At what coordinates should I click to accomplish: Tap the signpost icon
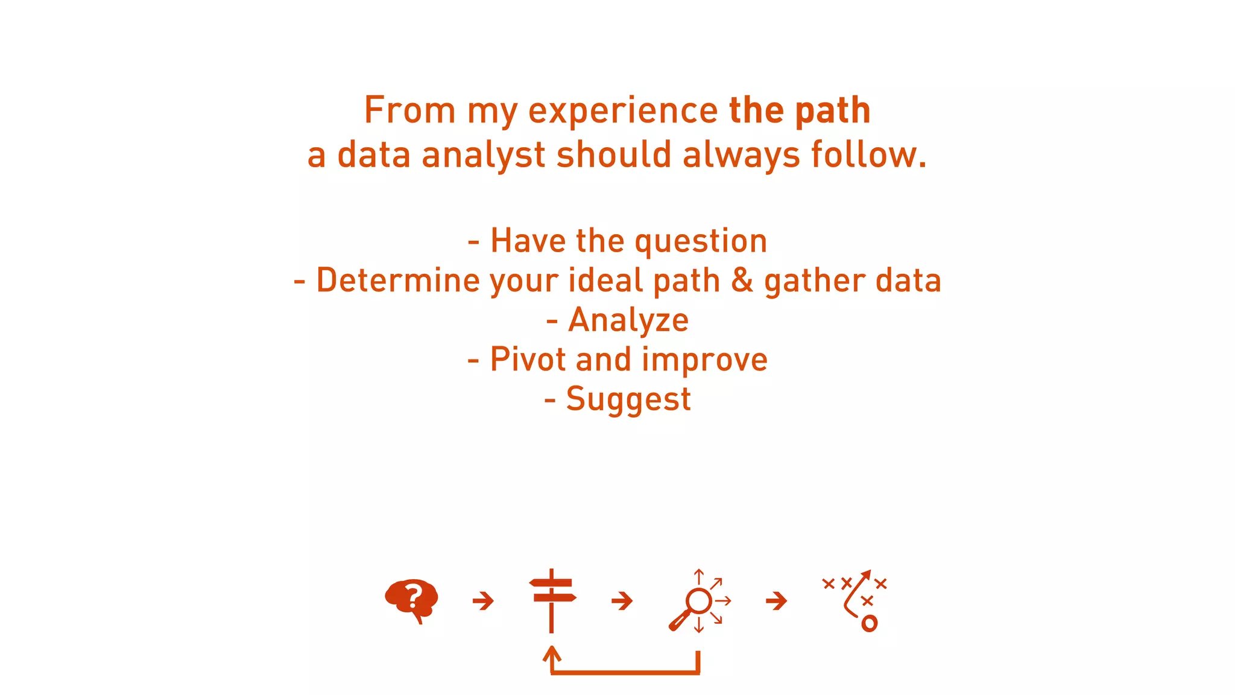552,600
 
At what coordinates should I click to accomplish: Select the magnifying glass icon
697,602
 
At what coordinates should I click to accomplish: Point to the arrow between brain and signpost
483,601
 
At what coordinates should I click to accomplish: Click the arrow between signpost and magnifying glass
622,601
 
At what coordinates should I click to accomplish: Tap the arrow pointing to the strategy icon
776,601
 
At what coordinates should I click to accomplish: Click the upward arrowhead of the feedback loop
552,654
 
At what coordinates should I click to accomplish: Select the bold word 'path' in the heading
833,110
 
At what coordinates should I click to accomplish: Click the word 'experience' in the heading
623,112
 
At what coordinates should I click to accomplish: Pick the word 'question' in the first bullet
701,241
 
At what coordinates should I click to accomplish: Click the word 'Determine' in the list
397,281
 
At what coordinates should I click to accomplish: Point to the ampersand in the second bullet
742,281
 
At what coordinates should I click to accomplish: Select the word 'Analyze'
628,320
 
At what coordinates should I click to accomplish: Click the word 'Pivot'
528,360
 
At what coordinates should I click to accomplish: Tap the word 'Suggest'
628,400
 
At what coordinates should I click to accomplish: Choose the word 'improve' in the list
705,361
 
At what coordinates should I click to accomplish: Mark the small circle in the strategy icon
869,623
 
